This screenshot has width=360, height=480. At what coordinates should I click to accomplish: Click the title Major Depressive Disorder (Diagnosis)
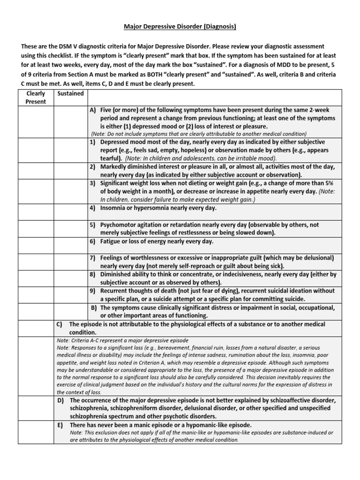(180, 27)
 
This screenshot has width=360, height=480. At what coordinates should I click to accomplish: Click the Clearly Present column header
(36, 97)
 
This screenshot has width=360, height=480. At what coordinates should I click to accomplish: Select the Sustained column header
(70, 93)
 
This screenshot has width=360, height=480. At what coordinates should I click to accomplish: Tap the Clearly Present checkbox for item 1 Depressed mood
(36, 150)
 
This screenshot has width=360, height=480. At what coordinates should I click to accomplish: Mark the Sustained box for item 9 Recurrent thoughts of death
(70, 295)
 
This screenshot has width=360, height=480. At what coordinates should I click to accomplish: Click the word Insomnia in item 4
(115, 207)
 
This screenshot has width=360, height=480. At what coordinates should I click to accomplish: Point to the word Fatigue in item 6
(112, 241)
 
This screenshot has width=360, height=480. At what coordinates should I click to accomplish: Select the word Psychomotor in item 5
(120, 225)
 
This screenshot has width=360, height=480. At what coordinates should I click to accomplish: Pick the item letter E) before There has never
(60, 425)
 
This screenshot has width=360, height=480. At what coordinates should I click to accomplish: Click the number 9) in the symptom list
(93, 291)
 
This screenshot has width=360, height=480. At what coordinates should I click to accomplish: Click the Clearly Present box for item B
(36, 312)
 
